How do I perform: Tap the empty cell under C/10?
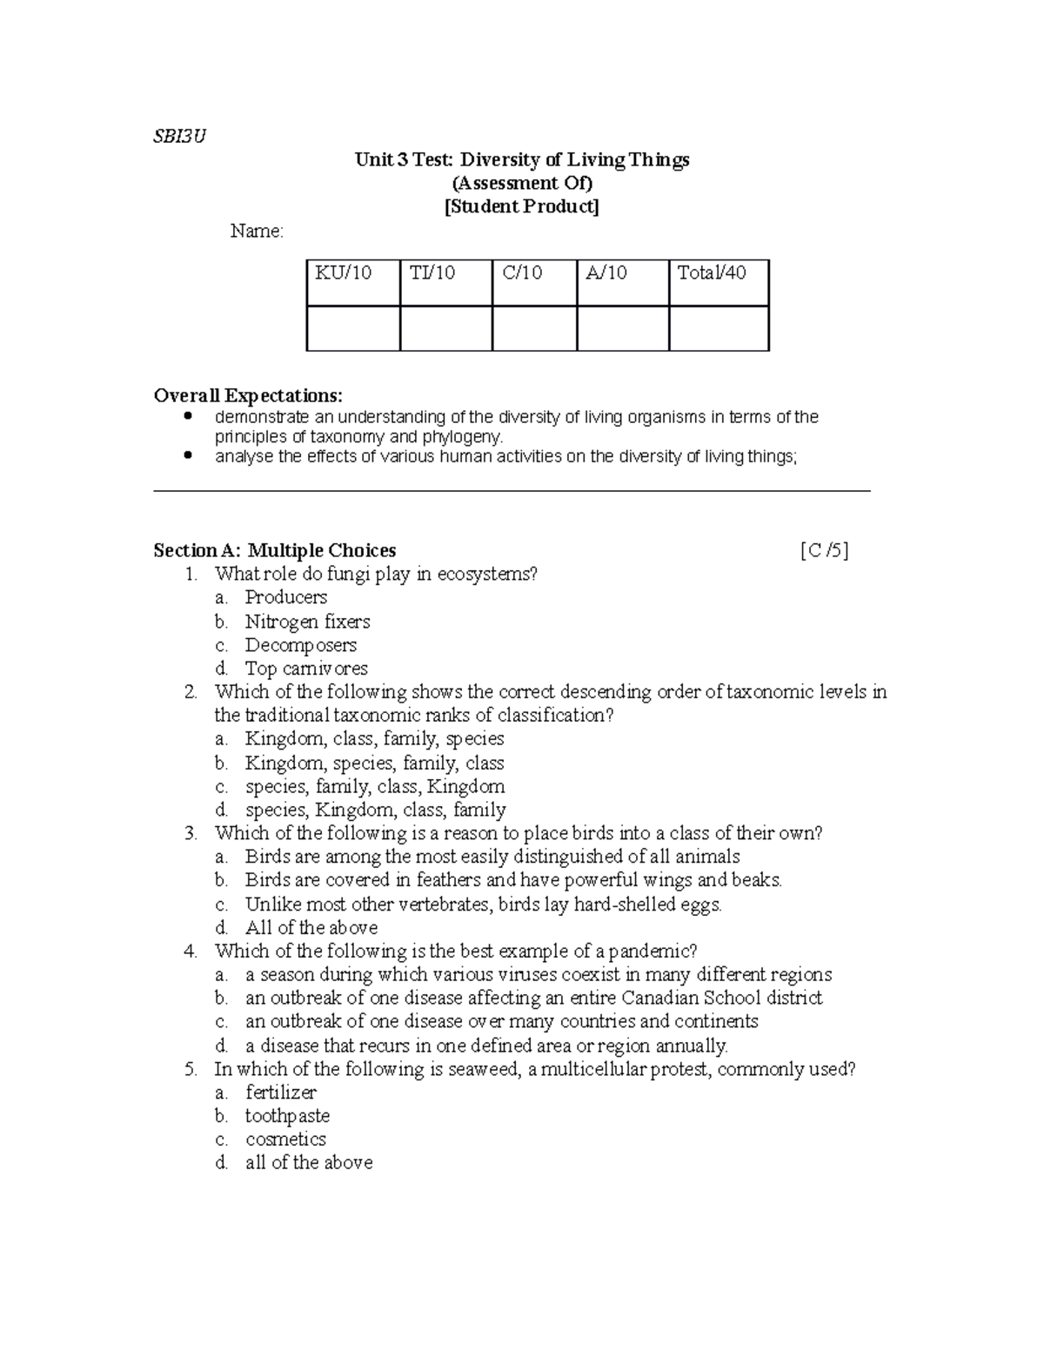click(x=534, y=328)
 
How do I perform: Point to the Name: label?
click(x=257, y=231)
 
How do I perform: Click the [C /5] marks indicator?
click(x=823, y=550)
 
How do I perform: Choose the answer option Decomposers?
click(x=300, y=645)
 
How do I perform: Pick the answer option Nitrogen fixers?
click(x=307, y=622)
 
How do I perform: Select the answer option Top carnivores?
click(x=306, y=669)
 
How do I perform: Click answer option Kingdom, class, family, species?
click(x=374, y=739)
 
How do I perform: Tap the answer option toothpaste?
click(x=287, y=1116)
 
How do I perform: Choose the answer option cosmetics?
click(x=285, y=1140)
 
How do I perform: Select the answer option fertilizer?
click(x=280, y=1093)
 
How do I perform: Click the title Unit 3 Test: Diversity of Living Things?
click(x=522, y=159)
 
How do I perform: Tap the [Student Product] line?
click(x=522, y=206)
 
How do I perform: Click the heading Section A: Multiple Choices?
click(x=275, y=550)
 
